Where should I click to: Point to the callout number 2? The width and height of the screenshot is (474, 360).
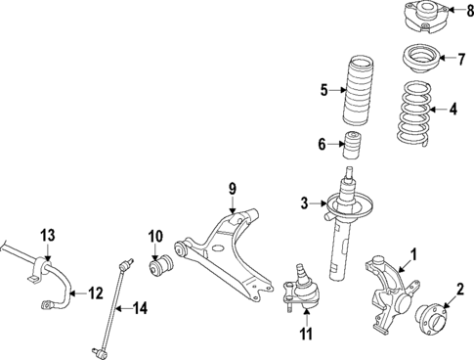tap(459, 290)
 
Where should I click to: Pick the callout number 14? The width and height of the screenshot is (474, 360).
tap(141, 309)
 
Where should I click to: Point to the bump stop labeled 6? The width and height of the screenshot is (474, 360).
tap(353, 148)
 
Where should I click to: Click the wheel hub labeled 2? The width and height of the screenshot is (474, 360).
tap(430, 317)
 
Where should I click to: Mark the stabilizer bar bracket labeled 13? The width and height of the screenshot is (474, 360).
tap(39, 271)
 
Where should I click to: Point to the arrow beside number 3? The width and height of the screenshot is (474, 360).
tap(321, 203)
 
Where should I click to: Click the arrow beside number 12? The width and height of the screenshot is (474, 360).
tap(74, 292)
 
